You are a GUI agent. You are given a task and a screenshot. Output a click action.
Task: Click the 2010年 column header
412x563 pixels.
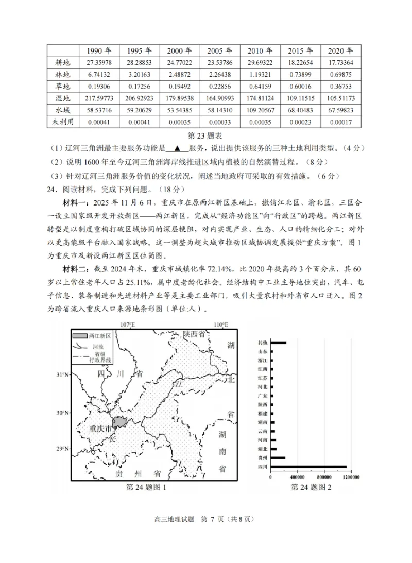point(260,50)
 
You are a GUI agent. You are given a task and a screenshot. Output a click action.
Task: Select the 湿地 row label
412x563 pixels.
point(62,98)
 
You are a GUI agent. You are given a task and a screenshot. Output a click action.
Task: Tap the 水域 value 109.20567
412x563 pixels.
point(260,110)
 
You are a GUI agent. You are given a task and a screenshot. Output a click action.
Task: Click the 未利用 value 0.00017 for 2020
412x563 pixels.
point(340,122)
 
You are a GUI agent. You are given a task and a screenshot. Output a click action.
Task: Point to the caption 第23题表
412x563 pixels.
point(206,135)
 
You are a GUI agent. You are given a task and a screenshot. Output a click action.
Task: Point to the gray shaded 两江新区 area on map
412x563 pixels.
point(120,422)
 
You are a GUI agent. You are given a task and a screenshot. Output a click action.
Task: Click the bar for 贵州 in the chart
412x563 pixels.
point(278,458)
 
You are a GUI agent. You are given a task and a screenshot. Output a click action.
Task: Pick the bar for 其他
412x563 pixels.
point(278,343)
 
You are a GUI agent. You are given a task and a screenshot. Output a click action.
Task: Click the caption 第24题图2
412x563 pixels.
point(311,487)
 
